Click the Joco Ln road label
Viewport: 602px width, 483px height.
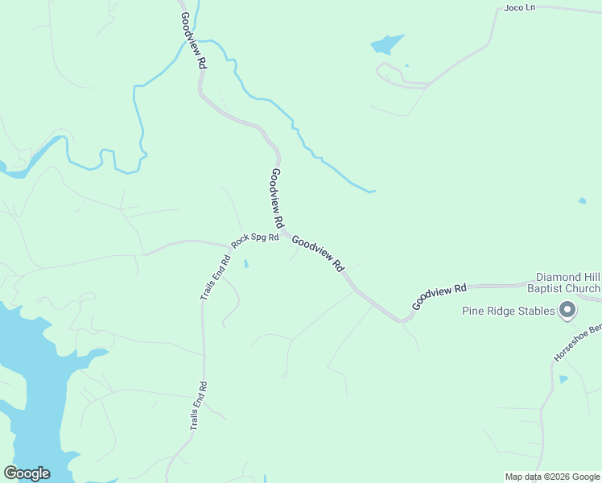coord(519,8)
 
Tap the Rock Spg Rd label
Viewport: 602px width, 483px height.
coord(254,239)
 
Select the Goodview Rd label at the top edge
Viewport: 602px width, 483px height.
coord(191,44)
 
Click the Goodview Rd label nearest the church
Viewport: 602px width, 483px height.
coord(439,296)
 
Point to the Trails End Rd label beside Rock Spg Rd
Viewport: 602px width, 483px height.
coord(216,278)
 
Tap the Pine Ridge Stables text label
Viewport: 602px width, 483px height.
coord(509,311)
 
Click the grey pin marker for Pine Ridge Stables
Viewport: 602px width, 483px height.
coord(567,310)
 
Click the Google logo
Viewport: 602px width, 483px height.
coord(27,473)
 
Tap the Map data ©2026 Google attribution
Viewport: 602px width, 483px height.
coord(551,477)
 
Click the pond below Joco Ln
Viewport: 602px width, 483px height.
coord(386,43)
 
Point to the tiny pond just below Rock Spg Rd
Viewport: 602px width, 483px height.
coord(246,263)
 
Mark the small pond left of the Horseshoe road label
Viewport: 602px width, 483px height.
coord(563,378)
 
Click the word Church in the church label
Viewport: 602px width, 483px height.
coord(582,288)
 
